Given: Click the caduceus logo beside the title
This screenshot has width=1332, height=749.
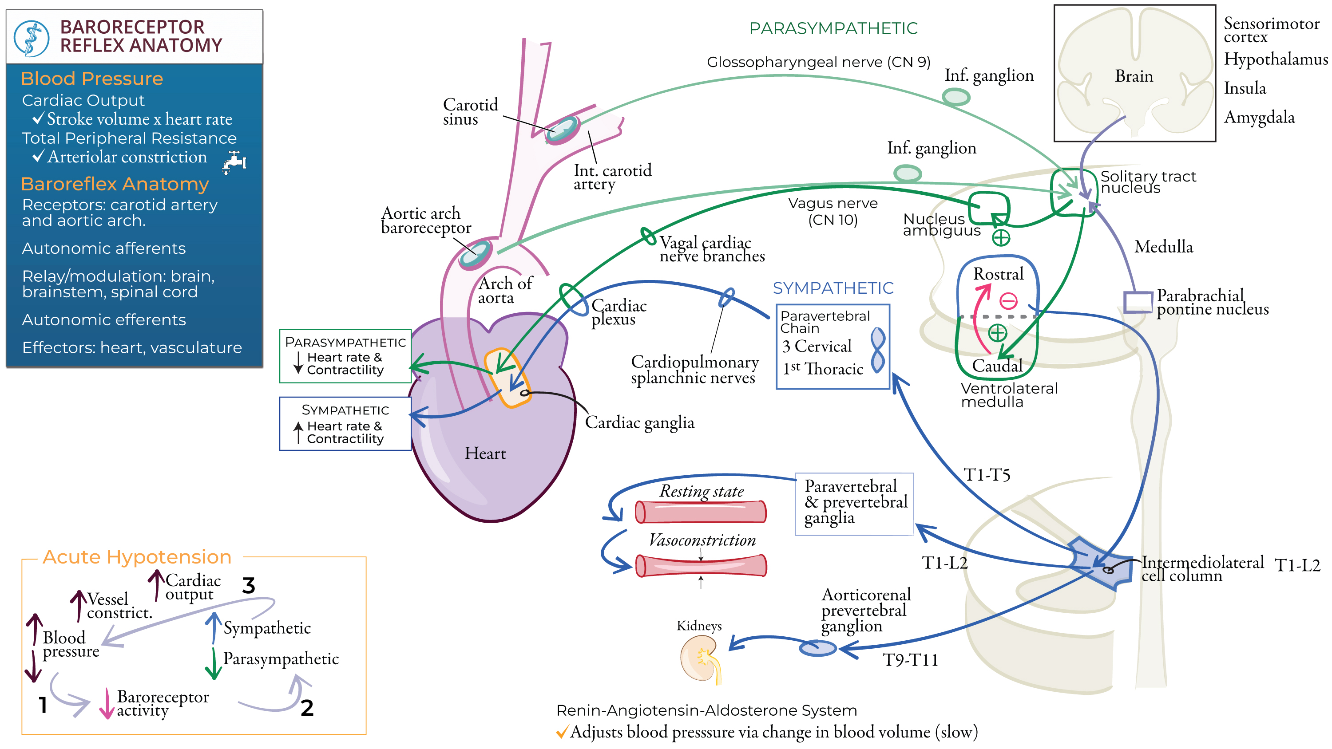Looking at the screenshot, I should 31,38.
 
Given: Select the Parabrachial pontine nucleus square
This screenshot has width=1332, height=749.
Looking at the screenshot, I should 1138,302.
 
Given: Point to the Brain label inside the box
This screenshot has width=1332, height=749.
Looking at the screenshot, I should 1134,76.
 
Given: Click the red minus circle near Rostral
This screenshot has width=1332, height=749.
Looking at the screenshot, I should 1008,300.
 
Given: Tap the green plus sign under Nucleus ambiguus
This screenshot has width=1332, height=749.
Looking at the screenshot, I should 1001,238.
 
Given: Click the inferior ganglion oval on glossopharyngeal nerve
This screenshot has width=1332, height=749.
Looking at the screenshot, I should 955,97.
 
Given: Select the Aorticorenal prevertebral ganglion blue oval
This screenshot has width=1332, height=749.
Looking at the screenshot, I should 817,648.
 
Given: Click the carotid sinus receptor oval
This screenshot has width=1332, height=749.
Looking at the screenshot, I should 562,128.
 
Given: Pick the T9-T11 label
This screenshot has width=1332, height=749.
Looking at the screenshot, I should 910,660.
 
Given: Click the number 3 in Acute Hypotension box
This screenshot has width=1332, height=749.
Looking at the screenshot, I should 249,586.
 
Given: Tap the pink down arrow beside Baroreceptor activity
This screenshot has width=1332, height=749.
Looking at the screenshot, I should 107,704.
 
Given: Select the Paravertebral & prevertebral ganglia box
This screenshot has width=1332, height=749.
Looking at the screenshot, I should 854,504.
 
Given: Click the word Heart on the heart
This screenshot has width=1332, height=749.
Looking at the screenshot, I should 485,453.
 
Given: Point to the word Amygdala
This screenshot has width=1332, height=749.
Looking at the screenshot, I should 1259,117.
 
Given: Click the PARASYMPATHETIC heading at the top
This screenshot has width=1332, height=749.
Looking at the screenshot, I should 833,28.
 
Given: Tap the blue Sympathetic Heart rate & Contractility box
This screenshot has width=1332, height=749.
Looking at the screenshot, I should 345,424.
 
